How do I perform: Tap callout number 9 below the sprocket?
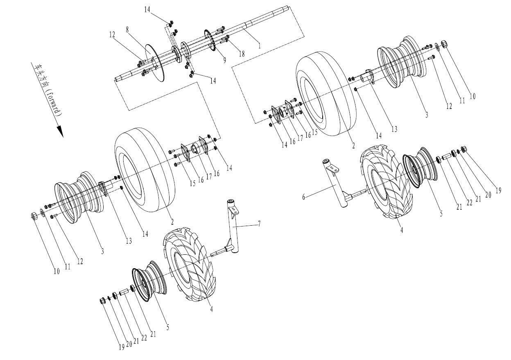pos(224,59)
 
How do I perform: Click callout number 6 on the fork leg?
pos(304,197)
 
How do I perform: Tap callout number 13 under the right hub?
pos(393,129)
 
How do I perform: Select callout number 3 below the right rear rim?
pos(426,115)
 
